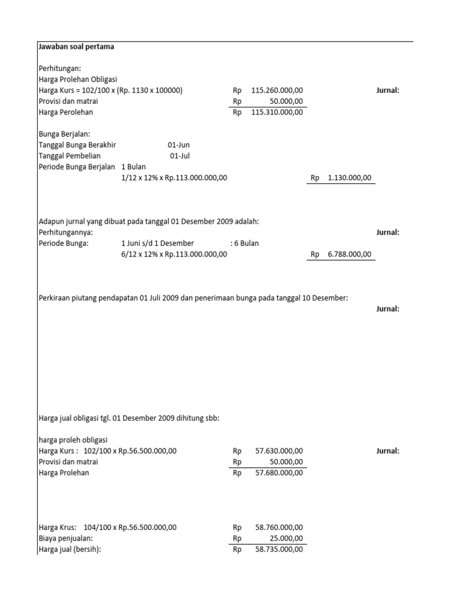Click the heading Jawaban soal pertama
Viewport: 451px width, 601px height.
coord(76,47)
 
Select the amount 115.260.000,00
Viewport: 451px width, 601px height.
coord(277,91)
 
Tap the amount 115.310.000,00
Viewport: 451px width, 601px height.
coord(277,112)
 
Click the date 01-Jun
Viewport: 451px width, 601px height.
coord(179,145)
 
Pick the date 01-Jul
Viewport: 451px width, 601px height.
coord(180,156)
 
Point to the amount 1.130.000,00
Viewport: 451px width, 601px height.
coord(349,177)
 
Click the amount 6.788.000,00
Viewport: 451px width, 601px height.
coord(349,254)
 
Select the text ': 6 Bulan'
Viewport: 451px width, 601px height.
coord(244,243)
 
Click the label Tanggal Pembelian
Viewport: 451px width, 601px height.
coord(69,156)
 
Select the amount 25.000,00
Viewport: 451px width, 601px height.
coord(288,538)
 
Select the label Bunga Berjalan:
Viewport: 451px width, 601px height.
coord(64,134)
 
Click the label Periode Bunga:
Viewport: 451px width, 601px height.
coord(63,243)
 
